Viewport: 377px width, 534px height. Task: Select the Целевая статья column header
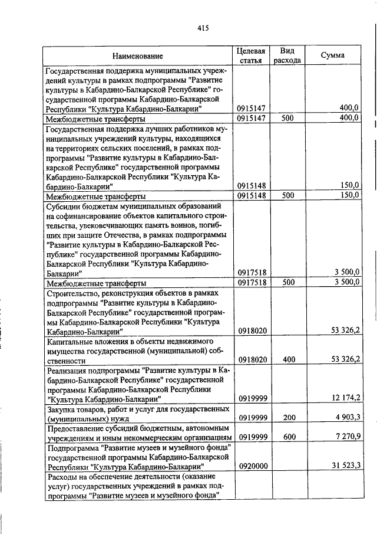click(252, 55)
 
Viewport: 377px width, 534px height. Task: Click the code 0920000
click(252, 466)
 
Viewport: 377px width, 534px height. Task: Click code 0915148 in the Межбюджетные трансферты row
click(252, 195)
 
